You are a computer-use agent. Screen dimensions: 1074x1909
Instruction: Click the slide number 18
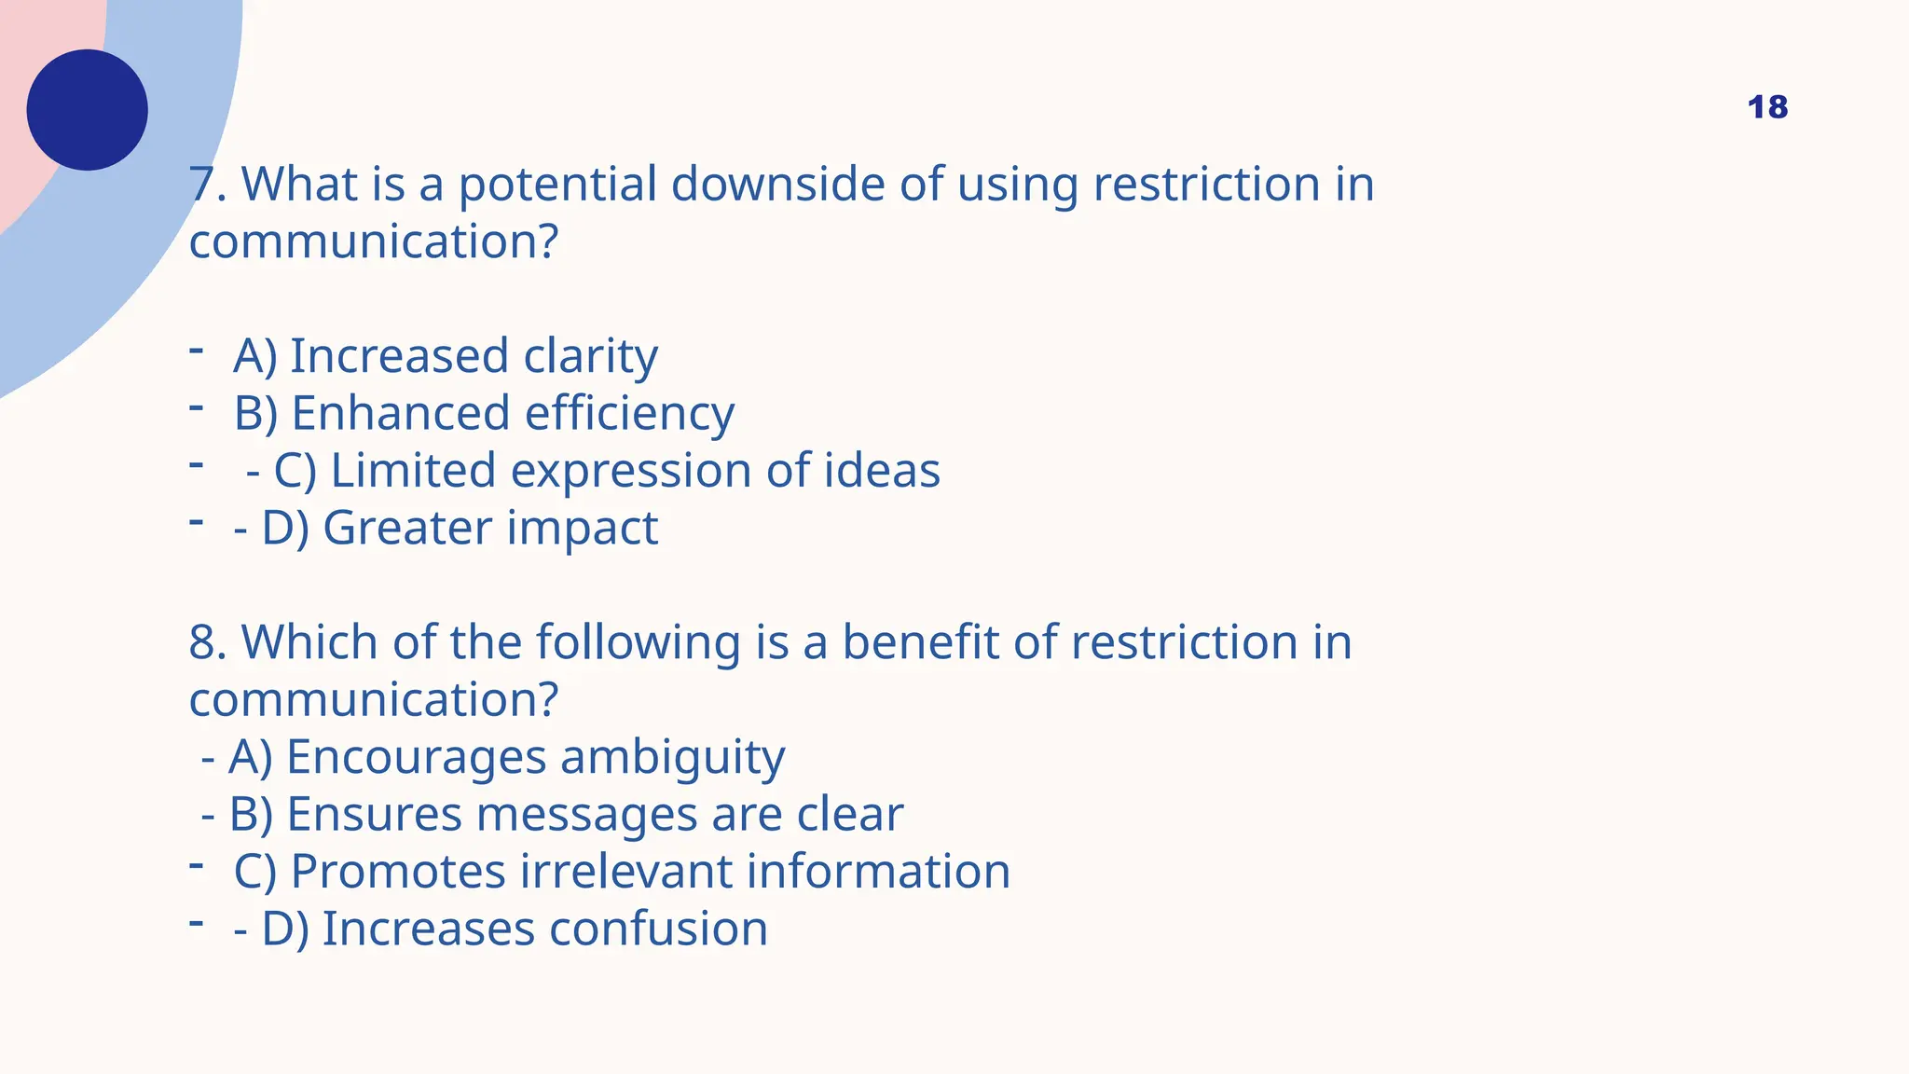[1767, 107]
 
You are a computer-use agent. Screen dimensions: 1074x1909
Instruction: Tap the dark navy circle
[88, 110]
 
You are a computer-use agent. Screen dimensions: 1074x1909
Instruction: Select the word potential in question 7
[557, 186]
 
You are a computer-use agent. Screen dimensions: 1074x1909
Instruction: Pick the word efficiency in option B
[629, 415]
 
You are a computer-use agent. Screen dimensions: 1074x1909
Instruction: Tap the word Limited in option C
[413, 470]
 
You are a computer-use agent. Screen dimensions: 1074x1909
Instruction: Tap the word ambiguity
[672, 758]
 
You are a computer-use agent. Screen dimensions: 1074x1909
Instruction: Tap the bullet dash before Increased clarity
[196, 351]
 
